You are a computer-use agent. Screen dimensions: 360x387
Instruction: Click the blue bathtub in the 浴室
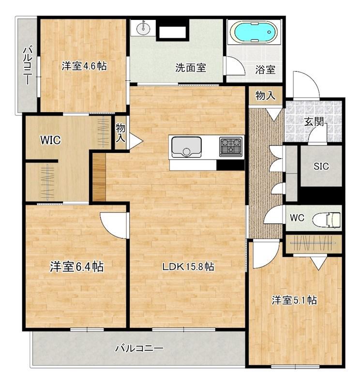pos(254,32)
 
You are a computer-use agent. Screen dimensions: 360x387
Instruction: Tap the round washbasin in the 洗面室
pos(143,28)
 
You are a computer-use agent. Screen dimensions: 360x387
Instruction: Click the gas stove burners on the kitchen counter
pos(231,147)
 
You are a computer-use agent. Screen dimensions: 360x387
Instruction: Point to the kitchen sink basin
pos(186,147)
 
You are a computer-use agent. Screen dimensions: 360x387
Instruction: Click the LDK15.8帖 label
pos(188,267)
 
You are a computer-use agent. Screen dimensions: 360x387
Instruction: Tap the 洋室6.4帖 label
pos(77,267)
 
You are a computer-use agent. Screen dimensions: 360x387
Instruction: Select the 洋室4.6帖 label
pos(84,66)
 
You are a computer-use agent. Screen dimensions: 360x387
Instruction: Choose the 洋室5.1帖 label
pos(294,300)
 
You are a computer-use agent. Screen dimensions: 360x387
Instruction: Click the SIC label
pos(321,166)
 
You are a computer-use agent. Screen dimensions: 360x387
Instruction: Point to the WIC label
pos(50,140)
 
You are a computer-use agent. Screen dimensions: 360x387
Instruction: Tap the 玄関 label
pos(314,121)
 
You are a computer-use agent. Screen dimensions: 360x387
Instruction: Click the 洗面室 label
pos(191,68)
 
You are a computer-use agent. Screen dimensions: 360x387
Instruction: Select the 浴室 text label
pos(265,70)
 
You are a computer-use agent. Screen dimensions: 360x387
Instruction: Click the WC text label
pos(297,218)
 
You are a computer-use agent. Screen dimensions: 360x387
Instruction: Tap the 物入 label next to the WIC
pos(120,133)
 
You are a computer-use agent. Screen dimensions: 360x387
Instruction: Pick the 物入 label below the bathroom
pos(266,95)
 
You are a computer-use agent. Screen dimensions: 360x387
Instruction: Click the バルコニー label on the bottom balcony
pos(140,348)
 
